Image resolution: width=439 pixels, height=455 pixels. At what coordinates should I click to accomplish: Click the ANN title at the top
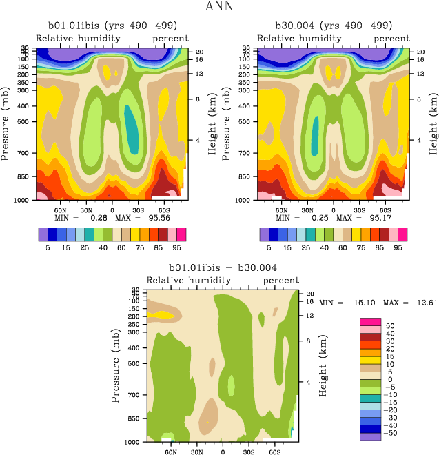click(219, 8)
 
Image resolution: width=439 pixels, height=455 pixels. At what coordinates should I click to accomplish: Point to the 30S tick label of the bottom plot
click(248, 452)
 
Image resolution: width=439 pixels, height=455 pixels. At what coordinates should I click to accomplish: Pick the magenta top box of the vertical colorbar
click(371, 321)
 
